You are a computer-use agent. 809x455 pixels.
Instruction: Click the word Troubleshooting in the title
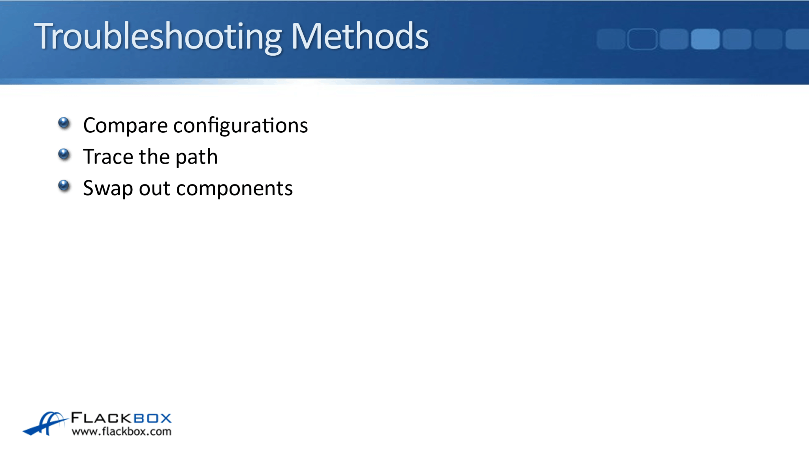158,36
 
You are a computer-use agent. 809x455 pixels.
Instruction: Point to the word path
196,158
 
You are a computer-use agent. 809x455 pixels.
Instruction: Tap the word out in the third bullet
154,188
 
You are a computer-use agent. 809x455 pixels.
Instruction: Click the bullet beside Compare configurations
64,123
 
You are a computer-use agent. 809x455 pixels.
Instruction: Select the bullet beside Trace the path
64,154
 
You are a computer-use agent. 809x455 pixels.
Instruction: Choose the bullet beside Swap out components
64,185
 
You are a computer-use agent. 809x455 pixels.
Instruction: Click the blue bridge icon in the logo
45,423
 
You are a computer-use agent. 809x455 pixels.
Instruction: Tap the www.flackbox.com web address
122,431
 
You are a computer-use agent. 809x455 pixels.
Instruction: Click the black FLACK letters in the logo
101,418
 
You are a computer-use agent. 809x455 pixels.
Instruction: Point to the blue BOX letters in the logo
152,418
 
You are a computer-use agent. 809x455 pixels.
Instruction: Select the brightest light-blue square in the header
705,39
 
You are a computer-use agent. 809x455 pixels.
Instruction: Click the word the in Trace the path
154,157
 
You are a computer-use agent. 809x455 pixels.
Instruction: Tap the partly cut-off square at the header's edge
797,39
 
